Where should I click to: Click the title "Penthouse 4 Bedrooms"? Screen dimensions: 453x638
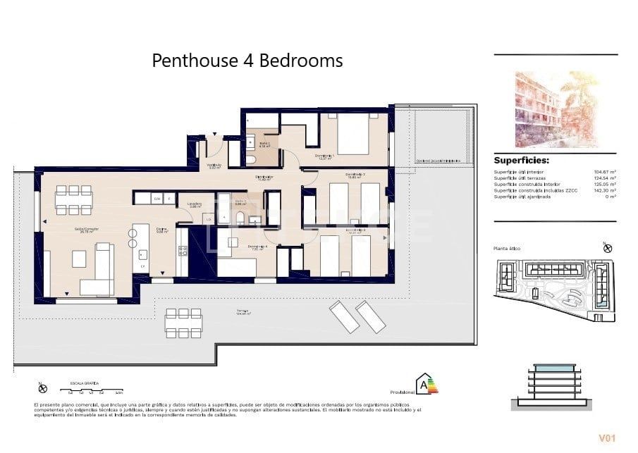coord(247,61)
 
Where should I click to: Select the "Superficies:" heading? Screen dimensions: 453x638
coord(521,160)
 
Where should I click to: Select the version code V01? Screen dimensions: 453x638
coord(608,438)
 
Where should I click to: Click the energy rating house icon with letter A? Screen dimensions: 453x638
coord(424,384)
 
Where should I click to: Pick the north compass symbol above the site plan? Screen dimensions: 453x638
coord(608,248)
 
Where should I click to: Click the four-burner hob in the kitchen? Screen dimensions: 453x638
coord(183,259)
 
